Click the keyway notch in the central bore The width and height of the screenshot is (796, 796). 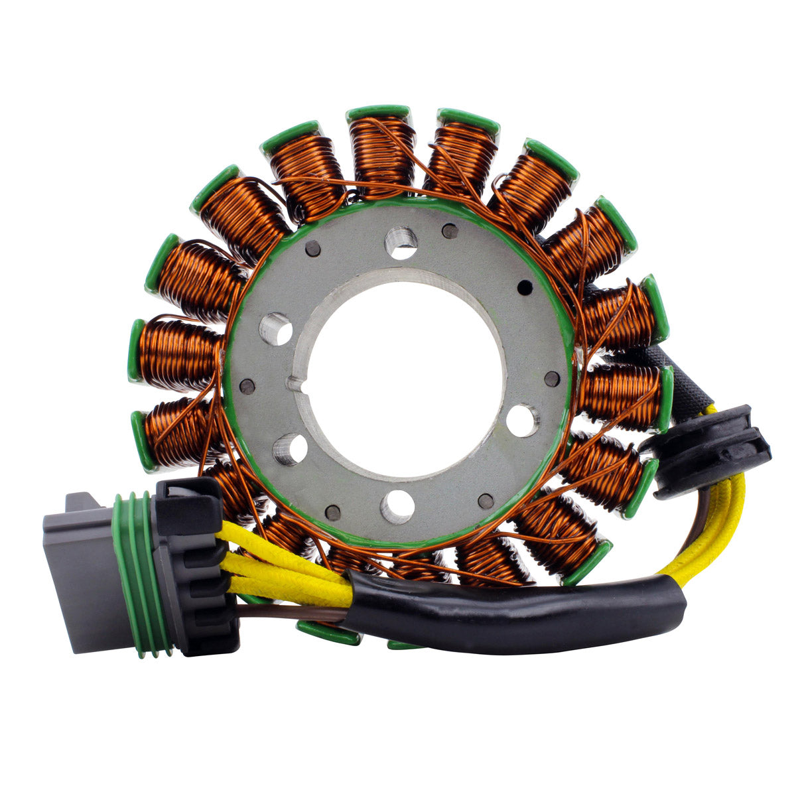(294, 383)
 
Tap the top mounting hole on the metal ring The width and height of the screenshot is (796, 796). (401, 242)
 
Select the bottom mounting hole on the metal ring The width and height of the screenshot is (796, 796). (397, 507)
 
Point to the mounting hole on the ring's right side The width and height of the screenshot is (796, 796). (523, 421)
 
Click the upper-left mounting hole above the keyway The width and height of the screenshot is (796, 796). (276, 328)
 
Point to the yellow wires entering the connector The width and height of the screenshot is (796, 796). (279, 564)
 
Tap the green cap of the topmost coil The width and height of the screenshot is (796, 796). (378, 113)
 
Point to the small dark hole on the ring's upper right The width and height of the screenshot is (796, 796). (525, 288)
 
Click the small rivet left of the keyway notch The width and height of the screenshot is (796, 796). (247, 387)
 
